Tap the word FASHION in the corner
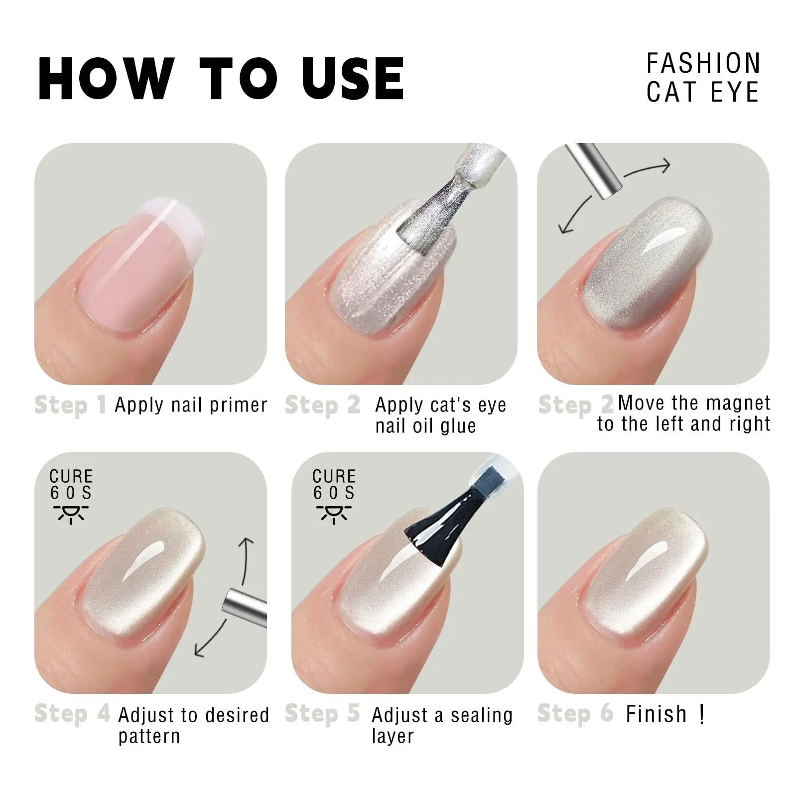click(x=703, y=64)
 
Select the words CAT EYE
click(x=702, y=93)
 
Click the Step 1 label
click(x=70, y=405)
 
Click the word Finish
click(x=656, y=714)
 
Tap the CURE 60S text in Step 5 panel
click(x=334, y=484)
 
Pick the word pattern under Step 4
click(x=149, y=736)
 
